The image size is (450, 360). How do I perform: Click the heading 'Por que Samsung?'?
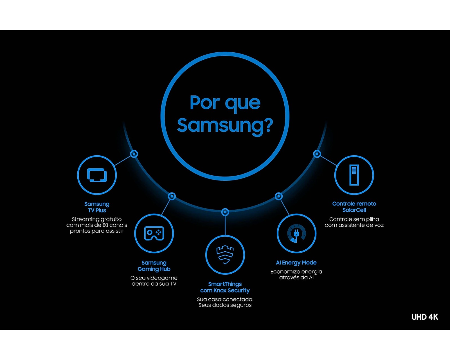(225, 114)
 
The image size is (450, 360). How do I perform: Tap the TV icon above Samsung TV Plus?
(97, 175)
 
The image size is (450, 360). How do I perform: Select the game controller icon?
(154, 233)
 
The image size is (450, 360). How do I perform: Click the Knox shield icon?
(225, 254)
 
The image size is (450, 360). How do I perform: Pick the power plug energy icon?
(296, 233)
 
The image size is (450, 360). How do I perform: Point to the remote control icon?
(354, 175)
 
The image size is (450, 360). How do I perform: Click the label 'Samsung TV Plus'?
(97, 207)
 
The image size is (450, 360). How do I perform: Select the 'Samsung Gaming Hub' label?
(154, 266)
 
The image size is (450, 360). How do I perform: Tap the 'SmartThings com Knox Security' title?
(225, 287)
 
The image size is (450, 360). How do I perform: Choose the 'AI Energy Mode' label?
(296, 262)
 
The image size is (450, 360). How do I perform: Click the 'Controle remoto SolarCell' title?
(354, 207)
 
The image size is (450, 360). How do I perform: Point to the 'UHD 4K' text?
(425, 317)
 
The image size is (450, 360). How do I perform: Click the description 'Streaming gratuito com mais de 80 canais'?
(96, 222)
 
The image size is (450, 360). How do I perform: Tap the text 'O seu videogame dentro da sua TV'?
(154, 281)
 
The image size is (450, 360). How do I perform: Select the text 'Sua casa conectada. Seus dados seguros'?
(225, 302)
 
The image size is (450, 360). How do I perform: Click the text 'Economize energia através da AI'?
(296, 274)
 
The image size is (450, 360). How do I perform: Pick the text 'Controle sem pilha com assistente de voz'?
(354, 222)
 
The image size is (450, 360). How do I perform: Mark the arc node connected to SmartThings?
(225, 212)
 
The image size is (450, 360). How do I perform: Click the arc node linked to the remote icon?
(317, 154)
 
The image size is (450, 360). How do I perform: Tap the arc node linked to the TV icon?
(134, 154)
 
